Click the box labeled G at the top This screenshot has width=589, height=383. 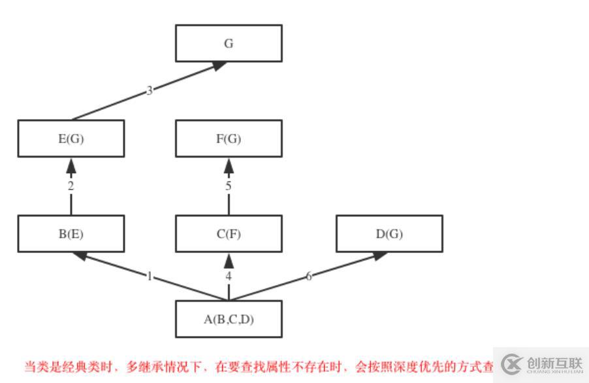(229, 43)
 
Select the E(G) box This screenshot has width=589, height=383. (71, 139)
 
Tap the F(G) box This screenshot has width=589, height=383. (229, 139)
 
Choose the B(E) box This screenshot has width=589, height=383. (71, 234)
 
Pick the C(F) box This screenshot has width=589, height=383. (229, 234)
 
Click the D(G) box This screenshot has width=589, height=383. (389, 234)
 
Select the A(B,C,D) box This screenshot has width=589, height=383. (229, 320)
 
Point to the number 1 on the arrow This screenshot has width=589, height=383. (150, 276)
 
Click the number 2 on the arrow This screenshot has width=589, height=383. (71, 186)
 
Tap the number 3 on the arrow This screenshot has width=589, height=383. (150, 91)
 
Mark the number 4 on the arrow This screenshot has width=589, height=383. (229, 276)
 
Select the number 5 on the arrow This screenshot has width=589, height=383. (229, 186)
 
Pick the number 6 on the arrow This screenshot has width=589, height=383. (309, 276)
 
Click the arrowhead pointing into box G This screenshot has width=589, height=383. (219, 65)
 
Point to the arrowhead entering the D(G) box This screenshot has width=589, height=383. (380, 256)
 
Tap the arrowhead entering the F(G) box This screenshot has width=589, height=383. (229, 166)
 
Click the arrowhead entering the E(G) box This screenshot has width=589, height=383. (71, 166)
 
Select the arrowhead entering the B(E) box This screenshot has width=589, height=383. (80, 256)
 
